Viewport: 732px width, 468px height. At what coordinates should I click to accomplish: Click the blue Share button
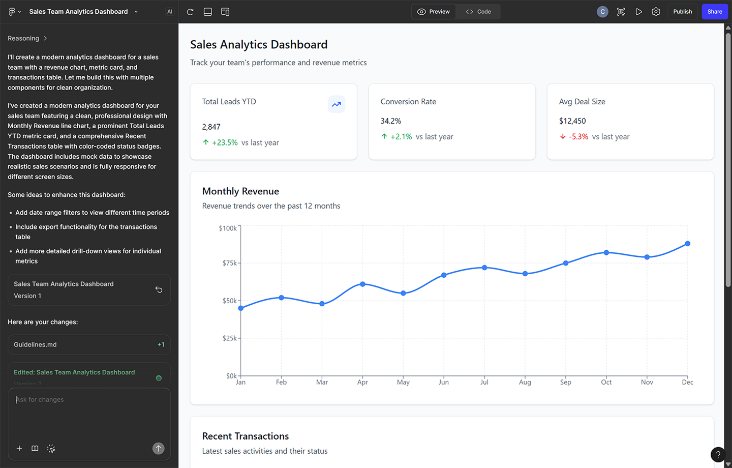(x=714, y=12)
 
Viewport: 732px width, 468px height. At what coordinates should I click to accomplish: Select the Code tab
(x=478, y=12)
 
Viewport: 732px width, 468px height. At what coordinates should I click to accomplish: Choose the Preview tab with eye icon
(x=434, y=12)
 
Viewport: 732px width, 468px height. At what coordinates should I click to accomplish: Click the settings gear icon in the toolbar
(x=656, y=12)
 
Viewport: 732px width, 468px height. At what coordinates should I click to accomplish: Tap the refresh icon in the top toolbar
(x=190, y=12)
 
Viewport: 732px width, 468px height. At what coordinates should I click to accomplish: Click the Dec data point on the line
(x=687, y=244)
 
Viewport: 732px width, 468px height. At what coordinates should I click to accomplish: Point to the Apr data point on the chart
(x=362, y=284)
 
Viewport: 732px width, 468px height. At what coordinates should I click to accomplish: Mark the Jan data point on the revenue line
(x=241, y=308)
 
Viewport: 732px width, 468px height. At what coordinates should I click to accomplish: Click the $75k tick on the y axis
(x=230, y=263)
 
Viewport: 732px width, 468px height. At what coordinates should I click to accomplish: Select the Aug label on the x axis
(x=525, y=382)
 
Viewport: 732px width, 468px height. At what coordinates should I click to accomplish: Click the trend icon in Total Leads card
(x=336, y=104)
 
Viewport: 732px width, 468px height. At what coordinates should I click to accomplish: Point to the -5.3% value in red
(x=578, y=137)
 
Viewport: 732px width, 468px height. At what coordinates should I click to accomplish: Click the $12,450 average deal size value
(x=572, y=121)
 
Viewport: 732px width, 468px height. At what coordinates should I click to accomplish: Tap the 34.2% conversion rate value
(x=391, y=121)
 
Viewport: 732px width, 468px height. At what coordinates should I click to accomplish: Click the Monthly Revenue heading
(x=240, y=191)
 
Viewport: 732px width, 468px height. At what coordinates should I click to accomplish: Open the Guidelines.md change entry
(x=89, y=344)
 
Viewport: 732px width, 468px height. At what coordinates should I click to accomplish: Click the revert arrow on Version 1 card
(x=159, y=289)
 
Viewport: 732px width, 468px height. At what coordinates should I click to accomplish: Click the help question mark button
(x=718, y=454)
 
